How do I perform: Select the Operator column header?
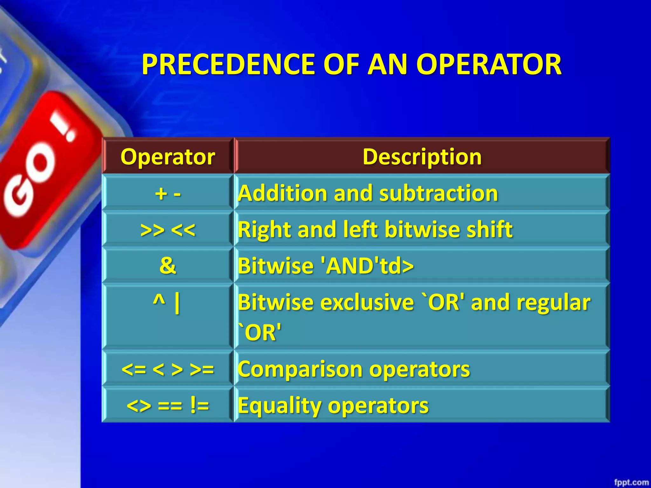click(x=168, y=157)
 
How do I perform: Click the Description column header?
click(x=422, y=157)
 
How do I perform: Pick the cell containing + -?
click(x=168, y=193)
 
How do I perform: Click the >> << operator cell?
click(x=168, y=229)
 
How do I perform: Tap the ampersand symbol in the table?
click(x=168, y=265)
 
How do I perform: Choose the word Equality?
click(x=279, y=406)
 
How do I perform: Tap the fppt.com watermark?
click(x=631, y=482)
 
